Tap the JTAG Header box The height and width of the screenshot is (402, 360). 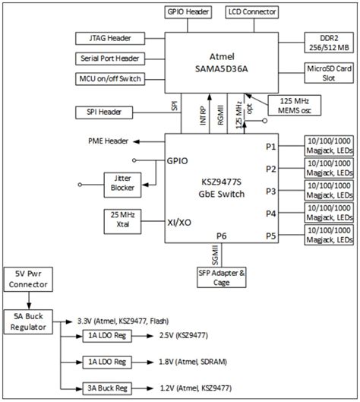[109, 38]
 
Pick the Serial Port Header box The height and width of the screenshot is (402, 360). [109, 58]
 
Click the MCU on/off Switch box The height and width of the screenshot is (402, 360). [109, 78]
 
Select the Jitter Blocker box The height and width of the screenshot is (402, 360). [122, 182]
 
